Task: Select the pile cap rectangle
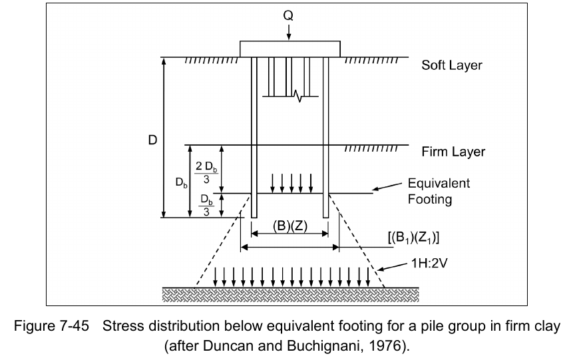(x=289, y=49)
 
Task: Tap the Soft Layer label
(x=451, y=66)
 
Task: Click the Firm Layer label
(x=453, y=152)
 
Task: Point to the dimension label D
(x=152, y=142)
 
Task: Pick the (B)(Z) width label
(x=289, y=225)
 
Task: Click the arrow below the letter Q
(x=289, y=31)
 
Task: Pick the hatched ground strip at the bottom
(x=290, y=293)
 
